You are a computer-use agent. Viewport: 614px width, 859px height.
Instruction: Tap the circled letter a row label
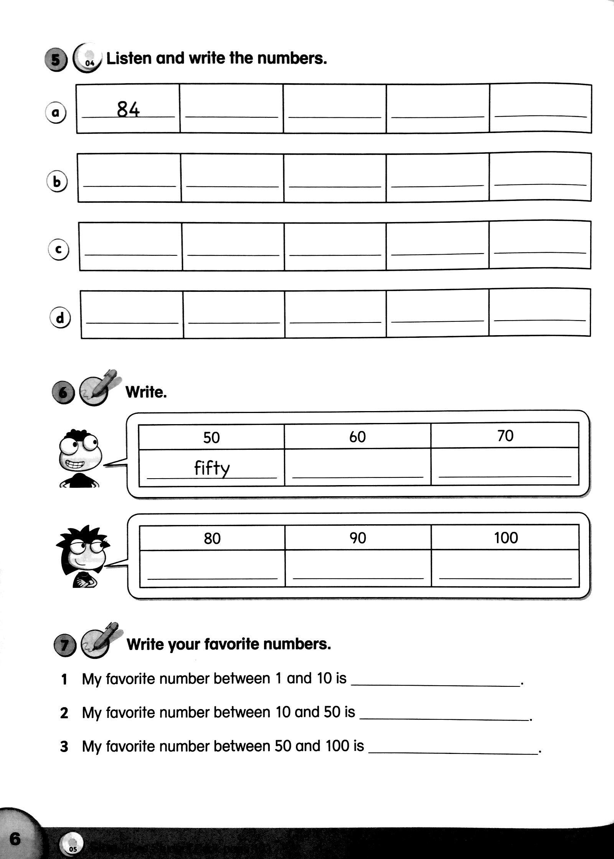[56, 113]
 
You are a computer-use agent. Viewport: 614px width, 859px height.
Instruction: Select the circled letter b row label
[57, 182]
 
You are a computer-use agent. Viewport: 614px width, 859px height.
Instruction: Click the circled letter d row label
[60, 318]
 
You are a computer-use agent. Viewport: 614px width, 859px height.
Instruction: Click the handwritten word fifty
[211, 468]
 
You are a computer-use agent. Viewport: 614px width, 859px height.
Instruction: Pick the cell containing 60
[357, 437]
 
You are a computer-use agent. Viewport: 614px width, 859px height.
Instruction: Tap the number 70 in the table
[505, 436]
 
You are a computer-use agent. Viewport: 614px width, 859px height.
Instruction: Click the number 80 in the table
[212, 538]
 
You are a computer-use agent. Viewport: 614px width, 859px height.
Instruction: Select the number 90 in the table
[358, 538]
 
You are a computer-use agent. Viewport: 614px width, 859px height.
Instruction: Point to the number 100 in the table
[506, 538]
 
